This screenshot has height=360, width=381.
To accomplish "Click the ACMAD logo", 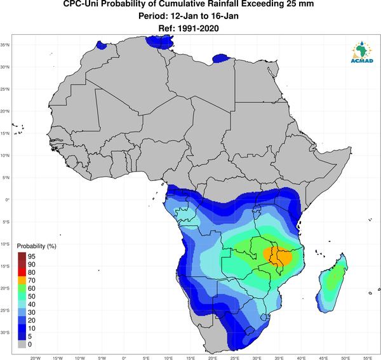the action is pyautogui.click(x=362, y=52).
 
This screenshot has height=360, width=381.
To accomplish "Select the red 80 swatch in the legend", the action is pyautogui.click(x=22, y=272).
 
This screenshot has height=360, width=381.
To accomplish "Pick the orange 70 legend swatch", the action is pyautogui.click(x=22, y=281).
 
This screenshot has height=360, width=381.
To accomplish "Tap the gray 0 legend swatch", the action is pyautogui.click(x=22, y=344).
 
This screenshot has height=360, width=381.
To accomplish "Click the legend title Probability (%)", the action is pyautogui.click(x=36, y=246).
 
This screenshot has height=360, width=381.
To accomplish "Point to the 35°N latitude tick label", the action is pyautogui.click(x=5, y=45).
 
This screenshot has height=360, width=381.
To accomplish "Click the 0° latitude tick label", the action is pyautogui.click(x=7, y=199).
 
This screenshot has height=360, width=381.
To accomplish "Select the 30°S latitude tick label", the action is pyautogui.click(x=5, y=332).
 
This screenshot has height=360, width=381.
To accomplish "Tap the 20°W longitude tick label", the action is pyautogui.click(x=36, y=358).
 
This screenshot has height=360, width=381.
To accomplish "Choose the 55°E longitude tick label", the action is pyautogui.click(x=368, y=358).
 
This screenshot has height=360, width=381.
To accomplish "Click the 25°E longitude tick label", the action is pyautogui.click(x=235, y=358).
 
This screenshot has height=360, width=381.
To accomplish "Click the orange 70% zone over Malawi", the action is pyautogui.click(x=277, y=257).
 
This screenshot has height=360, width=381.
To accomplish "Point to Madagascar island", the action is pyautogui.click(x=332, y=283).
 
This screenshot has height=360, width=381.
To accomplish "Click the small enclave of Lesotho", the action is pyautogui.click(x=250, y=331).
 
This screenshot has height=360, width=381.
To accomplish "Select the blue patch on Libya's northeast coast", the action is pyautogui.click(x=221, y=58).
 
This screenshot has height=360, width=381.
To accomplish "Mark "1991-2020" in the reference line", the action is pyautogui.click(x=198, y=29).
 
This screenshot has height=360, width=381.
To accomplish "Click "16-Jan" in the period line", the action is pyautogui.click(x=225, y=16).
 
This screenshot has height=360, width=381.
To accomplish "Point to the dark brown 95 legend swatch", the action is pyautogui.click(x=22, y=257).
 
